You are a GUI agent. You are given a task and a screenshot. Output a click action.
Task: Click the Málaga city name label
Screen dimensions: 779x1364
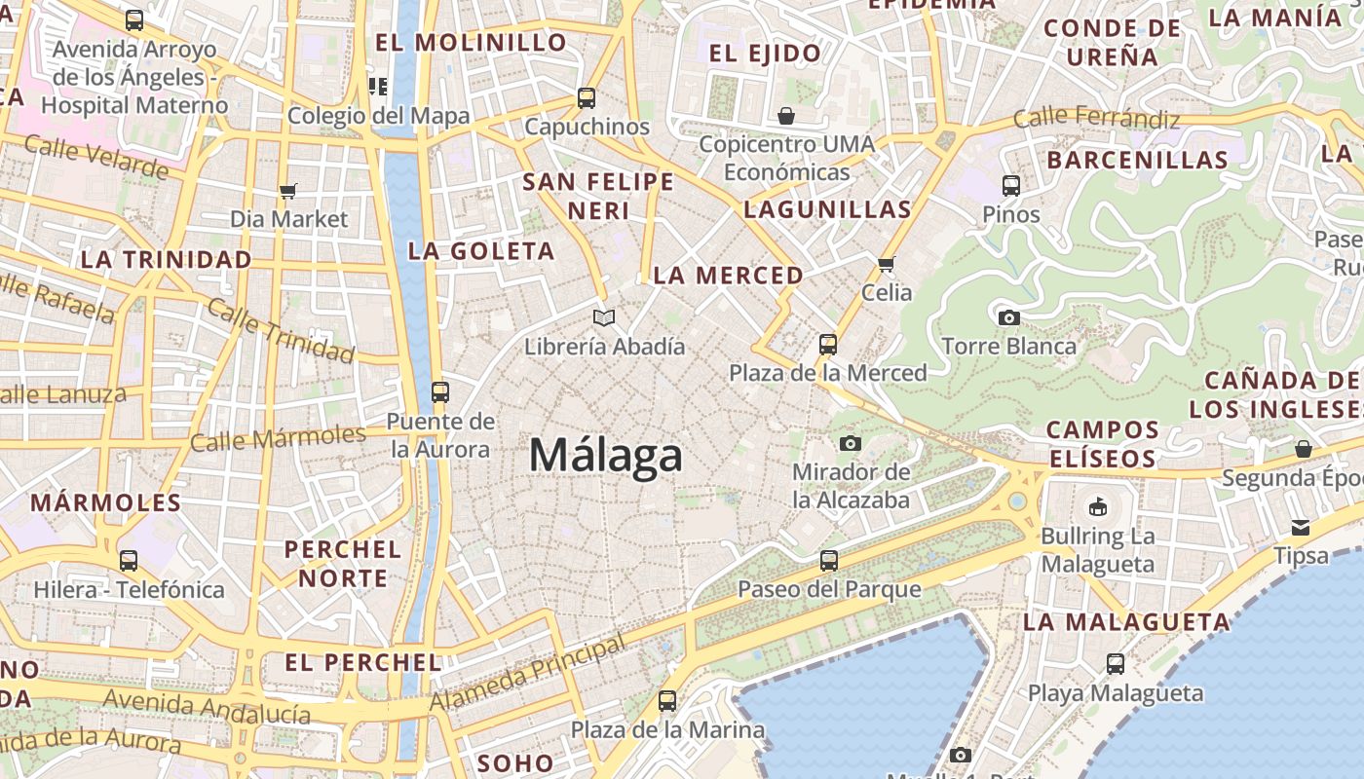point(605,456)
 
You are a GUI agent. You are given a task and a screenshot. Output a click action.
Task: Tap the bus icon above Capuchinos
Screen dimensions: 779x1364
point(586,97)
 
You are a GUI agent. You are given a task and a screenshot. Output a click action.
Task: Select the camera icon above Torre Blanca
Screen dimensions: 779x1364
point(1008,317)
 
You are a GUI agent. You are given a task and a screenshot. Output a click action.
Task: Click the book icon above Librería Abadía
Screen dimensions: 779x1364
point(604,317)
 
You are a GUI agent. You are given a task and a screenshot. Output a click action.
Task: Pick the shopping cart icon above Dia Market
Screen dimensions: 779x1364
point(287,191)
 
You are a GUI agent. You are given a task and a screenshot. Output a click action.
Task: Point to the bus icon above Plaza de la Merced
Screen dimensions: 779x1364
point(827,344)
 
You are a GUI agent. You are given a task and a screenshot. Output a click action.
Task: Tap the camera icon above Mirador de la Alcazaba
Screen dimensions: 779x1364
point(850,444)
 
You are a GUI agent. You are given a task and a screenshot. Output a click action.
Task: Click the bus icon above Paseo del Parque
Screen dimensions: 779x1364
point(828,560)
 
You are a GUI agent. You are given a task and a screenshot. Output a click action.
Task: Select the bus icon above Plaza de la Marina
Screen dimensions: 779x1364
point(666,700)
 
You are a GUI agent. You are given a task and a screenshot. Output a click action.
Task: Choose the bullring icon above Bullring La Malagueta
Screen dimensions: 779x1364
point(1097,506)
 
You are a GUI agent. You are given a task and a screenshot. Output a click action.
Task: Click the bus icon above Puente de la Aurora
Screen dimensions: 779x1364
point(440,392)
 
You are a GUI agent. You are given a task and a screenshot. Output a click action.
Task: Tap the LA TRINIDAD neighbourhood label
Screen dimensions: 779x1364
point(167,260)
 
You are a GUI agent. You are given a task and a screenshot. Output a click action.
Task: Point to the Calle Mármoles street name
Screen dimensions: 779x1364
point(278,438)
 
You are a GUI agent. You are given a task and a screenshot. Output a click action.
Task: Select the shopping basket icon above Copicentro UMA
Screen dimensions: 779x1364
point(786,116)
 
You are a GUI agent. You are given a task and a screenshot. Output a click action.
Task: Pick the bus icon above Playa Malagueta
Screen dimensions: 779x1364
point(1116,664)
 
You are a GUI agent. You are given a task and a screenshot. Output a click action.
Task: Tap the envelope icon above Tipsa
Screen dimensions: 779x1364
point(1301,527)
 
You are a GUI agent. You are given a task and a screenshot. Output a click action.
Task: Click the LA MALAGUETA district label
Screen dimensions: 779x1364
point(1126,621)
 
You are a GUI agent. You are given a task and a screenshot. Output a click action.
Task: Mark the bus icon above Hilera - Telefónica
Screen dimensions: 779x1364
point(129,561)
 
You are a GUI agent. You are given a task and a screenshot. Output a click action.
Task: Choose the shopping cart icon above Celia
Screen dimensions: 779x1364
point(886,264)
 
